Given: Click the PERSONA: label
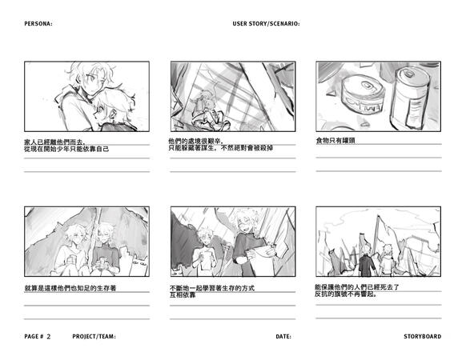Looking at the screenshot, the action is click(x=38, y=24).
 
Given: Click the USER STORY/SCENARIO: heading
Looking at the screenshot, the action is click(x=266, y=24).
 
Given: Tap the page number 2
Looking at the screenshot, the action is click(x=49, y=337).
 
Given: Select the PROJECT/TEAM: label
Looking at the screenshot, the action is click(x=94, y=337).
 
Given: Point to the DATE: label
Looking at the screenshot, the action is click(x=283, y=337).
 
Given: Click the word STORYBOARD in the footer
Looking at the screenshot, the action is click(x=422, y=337).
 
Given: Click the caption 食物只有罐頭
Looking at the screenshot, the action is click(x=335, y=141).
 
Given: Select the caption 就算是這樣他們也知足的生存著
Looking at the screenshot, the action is click(x=70, y=288).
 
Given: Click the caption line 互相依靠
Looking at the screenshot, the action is click(x=183, y=295).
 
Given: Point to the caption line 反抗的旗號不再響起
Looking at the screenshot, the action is click(x=346, y=294).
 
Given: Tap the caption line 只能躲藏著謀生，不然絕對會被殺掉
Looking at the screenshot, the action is click(x=221, y=148).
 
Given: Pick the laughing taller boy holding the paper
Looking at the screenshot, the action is click(x=251, y=243).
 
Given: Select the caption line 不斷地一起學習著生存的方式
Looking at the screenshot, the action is click(x=212, y=288).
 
